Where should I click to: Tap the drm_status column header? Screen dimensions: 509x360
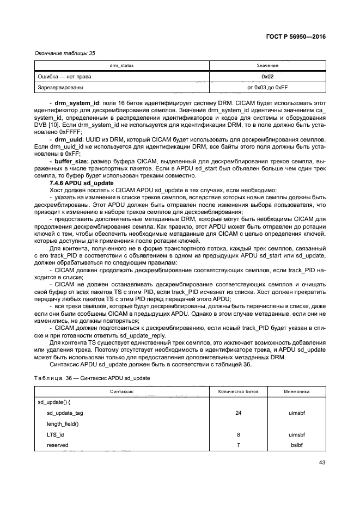(121, 65)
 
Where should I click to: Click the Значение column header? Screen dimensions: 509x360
(267, 65)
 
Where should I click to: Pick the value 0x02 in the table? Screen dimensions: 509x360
(267, 76)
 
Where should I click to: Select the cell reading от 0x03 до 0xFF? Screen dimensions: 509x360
(267, 87)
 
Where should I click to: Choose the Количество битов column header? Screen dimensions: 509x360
(239, 391)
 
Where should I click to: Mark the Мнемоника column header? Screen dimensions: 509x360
(297, 391)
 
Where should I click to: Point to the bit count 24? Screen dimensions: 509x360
(239, 413)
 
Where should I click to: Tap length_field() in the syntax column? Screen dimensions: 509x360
(63, 424)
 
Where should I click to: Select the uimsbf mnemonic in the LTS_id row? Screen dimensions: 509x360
(297, 434)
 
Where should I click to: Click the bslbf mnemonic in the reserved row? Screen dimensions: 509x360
(297, 445)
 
